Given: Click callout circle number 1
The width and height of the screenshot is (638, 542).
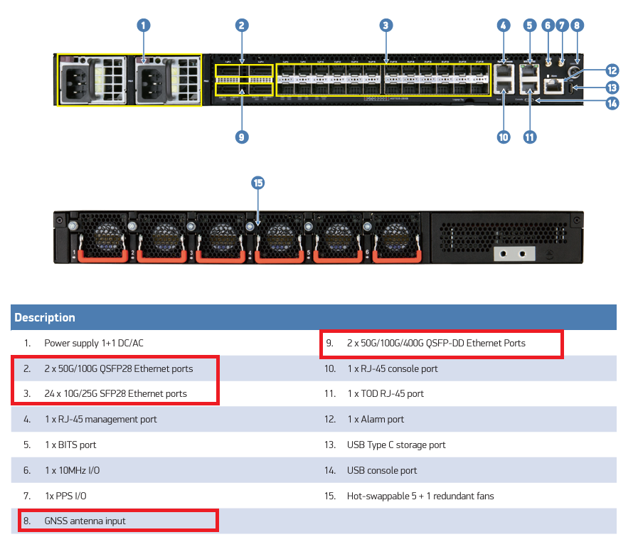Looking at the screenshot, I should coord(144,26).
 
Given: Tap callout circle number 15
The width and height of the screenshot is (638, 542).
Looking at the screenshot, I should coord(257,184).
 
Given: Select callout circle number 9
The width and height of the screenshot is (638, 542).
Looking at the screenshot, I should coord(242,137).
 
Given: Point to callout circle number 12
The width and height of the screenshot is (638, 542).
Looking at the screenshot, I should coord(612,70).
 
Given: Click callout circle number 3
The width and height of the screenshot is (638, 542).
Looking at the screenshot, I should coord(385,26).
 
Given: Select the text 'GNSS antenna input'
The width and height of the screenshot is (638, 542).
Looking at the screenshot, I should coord(85,521).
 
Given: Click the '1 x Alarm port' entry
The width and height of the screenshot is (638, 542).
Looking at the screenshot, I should coord(375,419).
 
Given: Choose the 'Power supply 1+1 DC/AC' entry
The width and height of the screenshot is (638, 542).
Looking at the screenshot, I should coord(94,343).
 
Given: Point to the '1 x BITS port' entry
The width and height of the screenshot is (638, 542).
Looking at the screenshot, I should coord(70,445).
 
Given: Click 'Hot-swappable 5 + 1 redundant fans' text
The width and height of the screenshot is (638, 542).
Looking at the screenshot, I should coord(420,496).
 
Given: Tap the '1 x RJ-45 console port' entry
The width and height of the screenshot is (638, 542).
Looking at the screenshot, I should coord(392,368).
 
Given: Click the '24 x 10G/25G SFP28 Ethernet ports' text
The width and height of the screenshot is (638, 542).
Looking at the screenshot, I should coord(115,393).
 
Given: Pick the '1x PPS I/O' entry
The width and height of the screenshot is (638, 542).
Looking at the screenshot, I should coord(65,496).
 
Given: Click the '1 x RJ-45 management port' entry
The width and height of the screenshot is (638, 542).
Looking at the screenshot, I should coord(100,419).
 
